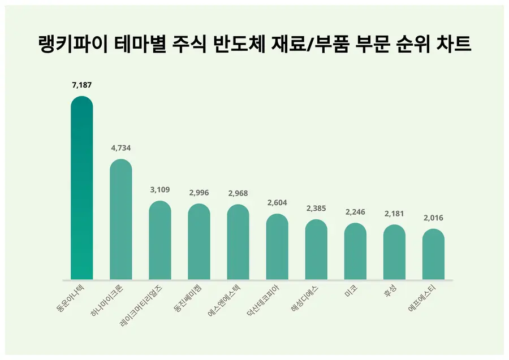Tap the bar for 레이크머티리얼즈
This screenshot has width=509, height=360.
(160, 240)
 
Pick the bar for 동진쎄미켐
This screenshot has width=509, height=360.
(199, 242)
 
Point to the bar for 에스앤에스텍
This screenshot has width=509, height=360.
(238, 242)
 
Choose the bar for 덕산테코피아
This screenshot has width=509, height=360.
(277, 247)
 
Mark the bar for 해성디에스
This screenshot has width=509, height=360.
(316, 250)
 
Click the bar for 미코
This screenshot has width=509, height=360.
(355, 251)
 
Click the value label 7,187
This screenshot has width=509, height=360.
(81, 85)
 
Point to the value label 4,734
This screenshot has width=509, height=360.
(120, 149)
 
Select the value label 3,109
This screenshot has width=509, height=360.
(160, 190)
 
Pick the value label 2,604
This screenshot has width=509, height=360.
(277, 203)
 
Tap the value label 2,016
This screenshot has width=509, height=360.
(433, 218)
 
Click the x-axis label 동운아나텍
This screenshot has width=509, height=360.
(71, 298)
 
